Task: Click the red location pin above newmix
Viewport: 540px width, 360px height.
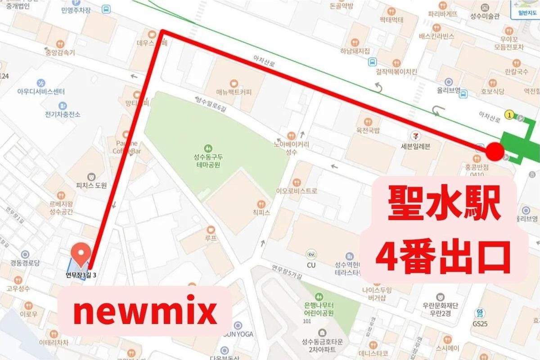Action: click(x=81, y=253)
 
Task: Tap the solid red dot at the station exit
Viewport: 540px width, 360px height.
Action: click(x=495, y=151)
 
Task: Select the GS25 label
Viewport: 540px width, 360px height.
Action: click(x=481, y=323)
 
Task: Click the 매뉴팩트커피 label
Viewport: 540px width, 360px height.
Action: click(x=234, y=93)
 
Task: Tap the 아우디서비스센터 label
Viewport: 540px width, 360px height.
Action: click(x=41, y=92)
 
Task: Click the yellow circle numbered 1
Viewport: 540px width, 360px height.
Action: click(x=509, y=115)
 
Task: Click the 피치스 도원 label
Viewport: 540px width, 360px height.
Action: click(x=91, y=185)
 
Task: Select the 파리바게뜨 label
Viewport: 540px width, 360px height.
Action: click(x=442, y=14)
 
